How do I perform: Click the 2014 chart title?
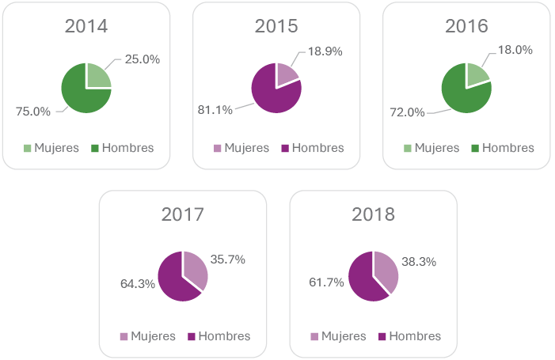pyautogui.click(x=86, y=26)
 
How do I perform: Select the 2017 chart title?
pyautogui.click(x=183, y=214)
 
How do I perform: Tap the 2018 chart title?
pyautogui.click(x=374, y=214)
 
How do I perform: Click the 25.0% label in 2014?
pyautogui.click(x=143, y=59)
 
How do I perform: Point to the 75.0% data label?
pyautogui.click(x=33, y=112)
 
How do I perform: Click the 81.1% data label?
pyautogui.click(x=215, y=110)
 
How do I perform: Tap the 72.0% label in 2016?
pyautogui.click(x=407, y=112)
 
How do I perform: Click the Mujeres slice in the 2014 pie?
pyautogui.click(x=97, y=76)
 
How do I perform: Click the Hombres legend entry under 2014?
pyautogui.click(x=122, y=148)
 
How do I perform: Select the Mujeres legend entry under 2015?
pyautogui.click(x=241, y=148)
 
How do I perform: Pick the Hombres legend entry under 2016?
pyautogui.click(x=503, y=148)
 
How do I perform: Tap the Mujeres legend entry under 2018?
pyautogui.click(x=338, y=336)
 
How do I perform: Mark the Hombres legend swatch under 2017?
pyautogui.click(x=192, y=336)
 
